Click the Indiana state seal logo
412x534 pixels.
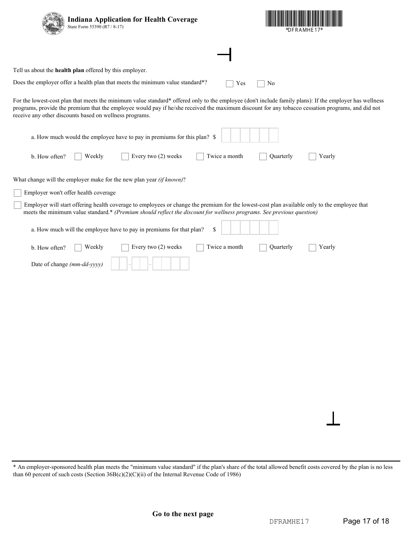click(x=53, y=23)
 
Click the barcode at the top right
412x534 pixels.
click(x=304, y=19)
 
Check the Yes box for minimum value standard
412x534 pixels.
click(x=230, y=84)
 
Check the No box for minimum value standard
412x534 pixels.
click(x=261, y=84)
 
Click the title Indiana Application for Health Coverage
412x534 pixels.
click(x=132, y=20)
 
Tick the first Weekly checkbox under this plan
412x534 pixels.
click(x=78, y=157)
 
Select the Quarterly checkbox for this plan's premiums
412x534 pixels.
click(x=263, y=157)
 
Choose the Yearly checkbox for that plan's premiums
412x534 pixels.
click(x=312, y=248)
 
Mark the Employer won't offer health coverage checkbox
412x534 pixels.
click(x=17, y=193)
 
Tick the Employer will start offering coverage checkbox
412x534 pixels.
click(x=17, y=205)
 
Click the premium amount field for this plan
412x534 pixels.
click(x=249, y=135)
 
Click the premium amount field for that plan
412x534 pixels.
click(x=249, y=228)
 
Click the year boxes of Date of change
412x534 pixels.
click(x=171, y=264)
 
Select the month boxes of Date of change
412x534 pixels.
click(x=119, y=264)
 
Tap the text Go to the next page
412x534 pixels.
click(x=183, y=514)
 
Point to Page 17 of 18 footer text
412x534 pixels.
click(x=366, y=521)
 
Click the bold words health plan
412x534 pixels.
click(x=69, y=70)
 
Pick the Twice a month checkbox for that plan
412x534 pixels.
click(x=200, y=248)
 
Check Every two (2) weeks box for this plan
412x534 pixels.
click(x=125, y=157)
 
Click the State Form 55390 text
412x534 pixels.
click(x=95, y=27)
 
